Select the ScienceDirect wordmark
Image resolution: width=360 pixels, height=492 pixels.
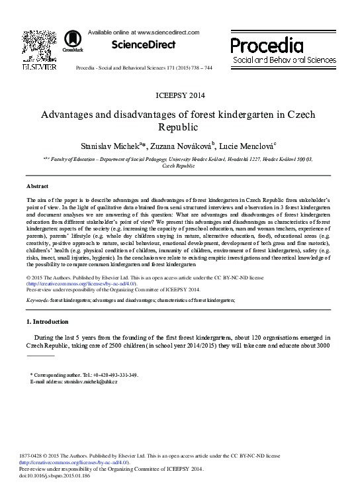[143, 45]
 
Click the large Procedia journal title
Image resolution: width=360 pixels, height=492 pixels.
[267, 46]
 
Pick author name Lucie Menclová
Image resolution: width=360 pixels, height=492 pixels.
[249, 144]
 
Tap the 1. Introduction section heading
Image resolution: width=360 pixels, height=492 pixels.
[47, 322]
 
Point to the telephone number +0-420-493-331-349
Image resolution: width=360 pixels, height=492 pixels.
[113, 375]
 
